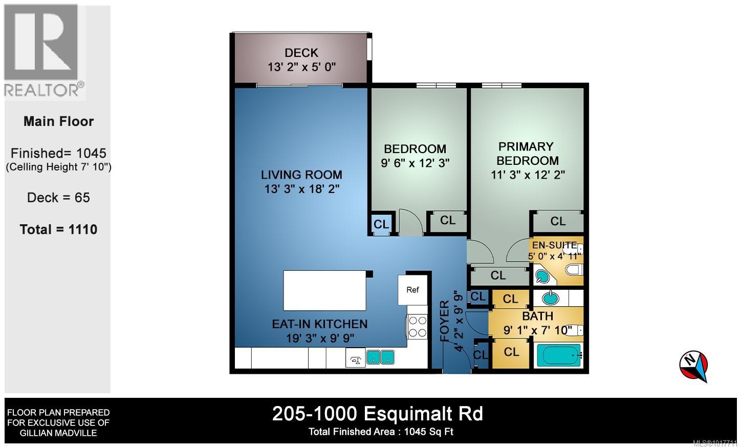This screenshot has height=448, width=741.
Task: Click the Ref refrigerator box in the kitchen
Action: [x=412, y=290]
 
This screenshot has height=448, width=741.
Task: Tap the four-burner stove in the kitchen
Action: [x=417, y=327]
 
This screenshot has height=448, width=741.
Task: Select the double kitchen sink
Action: [x=380, y=357]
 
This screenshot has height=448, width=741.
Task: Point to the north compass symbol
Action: [x=694, y=366]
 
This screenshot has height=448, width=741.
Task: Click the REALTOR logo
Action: [x=43, y=52]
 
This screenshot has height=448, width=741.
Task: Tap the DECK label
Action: [x=301, y=53]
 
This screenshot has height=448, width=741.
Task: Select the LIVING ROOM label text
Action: [x=301, y=175]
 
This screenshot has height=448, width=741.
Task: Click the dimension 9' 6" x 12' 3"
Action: [x=415, y=163]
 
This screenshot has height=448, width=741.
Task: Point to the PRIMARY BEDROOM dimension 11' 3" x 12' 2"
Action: [x=527, y=175]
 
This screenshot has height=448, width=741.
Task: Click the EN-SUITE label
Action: [x=554, y=245]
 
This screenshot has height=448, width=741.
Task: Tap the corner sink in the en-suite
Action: [x=543, y=276]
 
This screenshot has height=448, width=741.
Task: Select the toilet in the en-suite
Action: [x=574, y=270]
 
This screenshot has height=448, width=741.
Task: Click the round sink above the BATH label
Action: [x=551, y=297]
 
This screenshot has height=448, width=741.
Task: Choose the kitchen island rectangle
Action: [x=325, y=290]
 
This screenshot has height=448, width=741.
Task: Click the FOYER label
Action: [x=444, y=321]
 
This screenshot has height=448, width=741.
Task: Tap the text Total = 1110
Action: [x=58, y=229]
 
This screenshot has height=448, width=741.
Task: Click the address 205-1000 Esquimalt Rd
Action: [x=377, y=413]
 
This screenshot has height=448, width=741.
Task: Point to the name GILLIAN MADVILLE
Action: [x=58, y=433]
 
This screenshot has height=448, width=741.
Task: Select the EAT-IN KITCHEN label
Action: [x=319, y=324]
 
